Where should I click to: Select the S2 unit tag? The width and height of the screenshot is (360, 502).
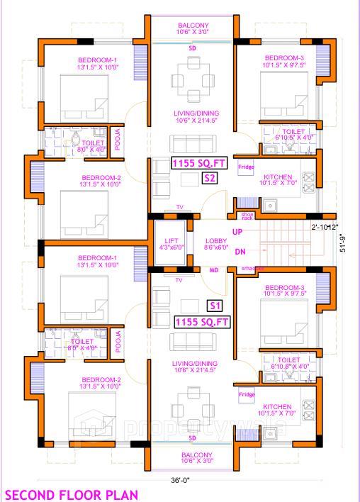click(209, 178)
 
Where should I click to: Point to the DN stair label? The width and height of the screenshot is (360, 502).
click(240, 251)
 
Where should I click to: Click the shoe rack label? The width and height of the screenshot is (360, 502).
click(247, 216)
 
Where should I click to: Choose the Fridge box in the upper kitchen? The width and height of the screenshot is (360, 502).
click(246, 167)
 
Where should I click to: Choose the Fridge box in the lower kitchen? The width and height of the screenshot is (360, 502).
click(246, 394)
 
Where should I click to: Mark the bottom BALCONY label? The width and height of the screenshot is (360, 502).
click(192, 454)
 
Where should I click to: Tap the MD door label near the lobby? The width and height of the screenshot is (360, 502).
click(213, 269)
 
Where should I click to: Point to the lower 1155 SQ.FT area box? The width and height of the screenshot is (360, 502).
click(201, 322)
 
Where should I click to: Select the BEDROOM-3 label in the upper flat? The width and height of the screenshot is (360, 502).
click(284, 57)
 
